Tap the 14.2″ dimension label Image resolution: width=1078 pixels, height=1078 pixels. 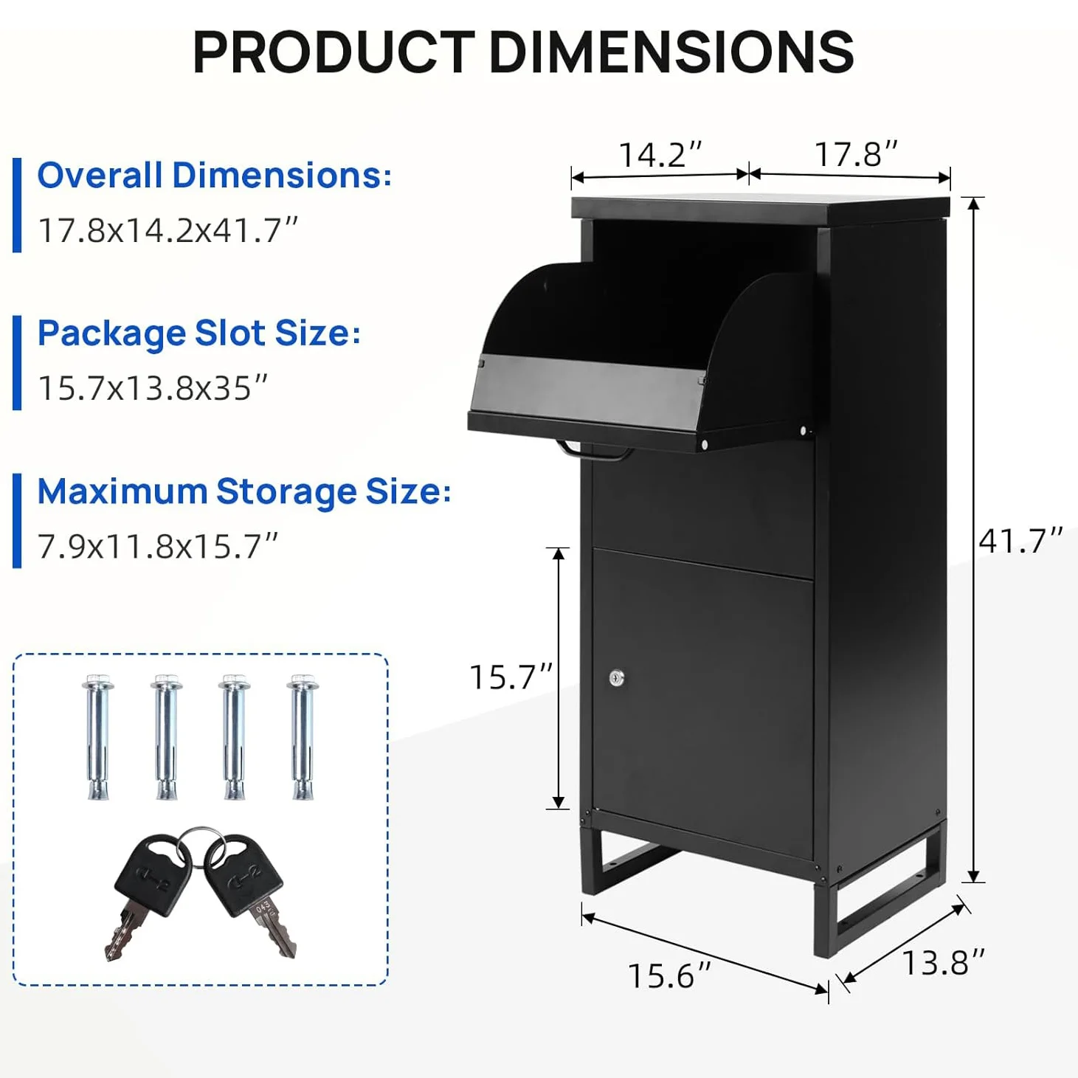660,155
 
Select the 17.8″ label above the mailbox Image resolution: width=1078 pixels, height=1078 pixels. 856,155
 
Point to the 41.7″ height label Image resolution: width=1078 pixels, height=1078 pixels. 1020,541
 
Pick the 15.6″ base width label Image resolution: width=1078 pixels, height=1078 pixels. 668,975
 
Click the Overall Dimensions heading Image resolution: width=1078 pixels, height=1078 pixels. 214,176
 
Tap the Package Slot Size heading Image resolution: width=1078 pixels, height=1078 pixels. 198,333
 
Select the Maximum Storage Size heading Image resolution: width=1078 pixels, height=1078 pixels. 243,491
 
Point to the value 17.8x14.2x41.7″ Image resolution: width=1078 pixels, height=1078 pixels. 167,230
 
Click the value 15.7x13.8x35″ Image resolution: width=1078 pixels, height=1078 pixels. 152,388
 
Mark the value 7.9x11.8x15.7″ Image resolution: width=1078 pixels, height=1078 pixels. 157,547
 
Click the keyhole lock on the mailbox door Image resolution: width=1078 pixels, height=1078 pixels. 617,677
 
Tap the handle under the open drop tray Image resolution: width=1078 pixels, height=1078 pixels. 594,452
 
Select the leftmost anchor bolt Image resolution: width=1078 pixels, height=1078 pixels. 98,736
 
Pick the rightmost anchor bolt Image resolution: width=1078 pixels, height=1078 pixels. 303,736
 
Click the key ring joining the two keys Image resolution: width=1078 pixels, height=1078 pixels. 197,841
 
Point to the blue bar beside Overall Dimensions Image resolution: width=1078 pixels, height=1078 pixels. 17,204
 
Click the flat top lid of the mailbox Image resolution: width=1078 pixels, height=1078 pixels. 760,207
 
